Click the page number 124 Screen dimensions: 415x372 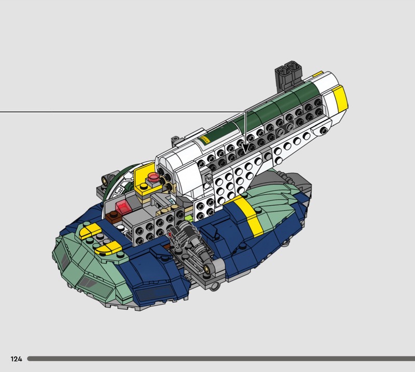pyautogui.click(x=17, y=359)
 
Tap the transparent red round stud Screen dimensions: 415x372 pyautogui.click(x=153, y=176)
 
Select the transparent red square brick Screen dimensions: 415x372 pyautogui.click(x=123, y=207)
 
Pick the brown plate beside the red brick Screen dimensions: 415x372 pyautogui.click(x=113, y=215)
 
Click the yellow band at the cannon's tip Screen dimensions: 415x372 pyautogui.click(x=340, y=96)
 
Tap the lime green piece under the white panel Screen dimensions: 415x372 pyautogui.click(x=189, y=219)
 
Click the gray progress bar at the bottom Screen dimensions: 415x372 pyautogui.click(x=221, y=359)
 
